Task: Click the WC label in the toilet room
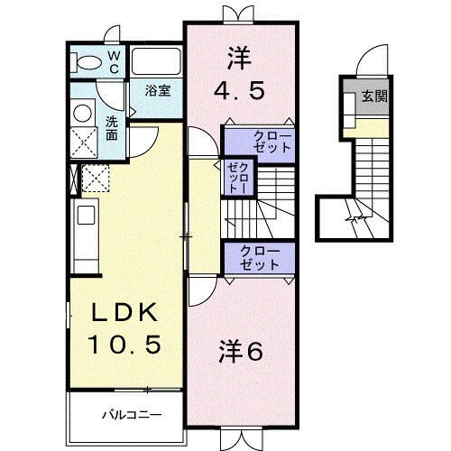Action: click(x=115, y=61)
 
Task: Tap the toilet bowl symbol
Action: click(x=88, y=62)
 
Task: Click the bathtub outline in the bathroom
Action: click(x=157, y=62)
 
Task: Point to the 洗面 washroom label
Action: click(x=111, y=127)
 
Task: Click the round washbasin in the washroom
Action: click(x=84, y=115)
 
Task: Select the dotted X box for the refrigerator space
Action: click(x=96, y=178)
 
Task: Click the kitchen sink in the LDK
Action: click(x=86, y=216)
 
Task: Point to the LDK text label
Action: click(x=128, y=314)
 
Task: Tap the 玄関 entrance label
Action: click(x=375, y=96)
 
